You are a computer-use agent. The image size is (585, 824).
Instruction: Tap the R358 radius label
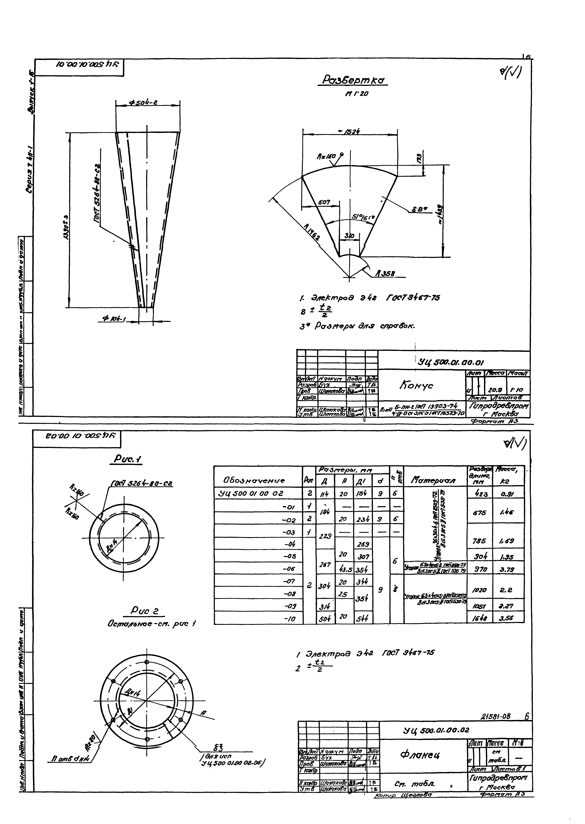(x=386, y=274)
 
